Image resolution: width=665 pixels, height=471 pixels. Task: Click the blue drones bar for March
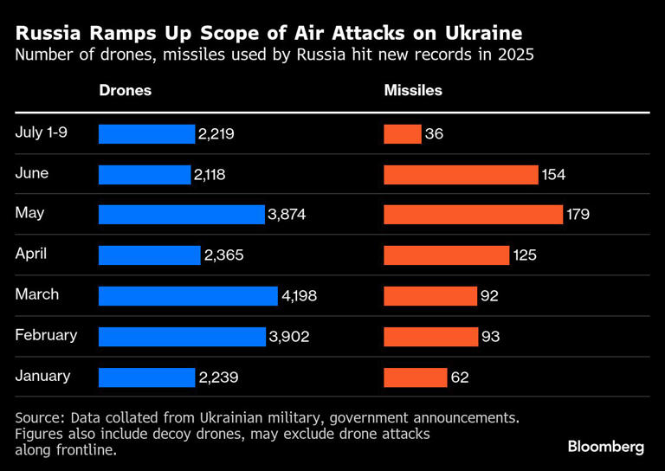(x=188, y=296)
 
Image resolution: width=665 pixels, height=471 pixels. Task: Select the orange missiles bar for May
(x=473, y=215)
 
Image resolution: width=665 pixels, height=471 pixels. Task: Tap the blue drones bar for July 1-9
(x=146, y=134)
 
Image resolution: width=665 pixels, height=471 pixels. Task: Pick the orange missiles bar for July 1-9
(x=403, y=134)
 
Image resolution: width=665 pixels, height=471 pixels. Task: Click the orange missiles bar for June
(x=461, y=175)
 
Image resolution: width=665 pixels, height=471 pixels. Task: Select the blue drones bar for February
(x=182, y=337)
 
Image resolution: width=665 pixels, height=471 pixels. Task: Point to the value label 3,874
(x=287, y=215)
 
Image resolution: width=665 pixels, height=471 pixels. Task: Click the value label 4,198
(x=300, y=296)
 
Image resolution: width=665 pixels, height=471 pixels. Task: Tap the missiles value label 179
(x=578, y=215)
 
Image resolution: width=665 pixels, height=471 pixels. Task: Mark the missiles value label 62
(x=459, y=377)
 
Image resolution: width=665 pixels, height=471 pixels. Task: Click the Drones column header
(x=125, y=91)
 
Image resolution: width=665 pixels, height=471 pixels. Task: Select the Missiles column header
(x=413, y=91)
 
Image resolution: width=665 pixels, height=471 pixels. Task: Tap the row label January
(x=42, y=376)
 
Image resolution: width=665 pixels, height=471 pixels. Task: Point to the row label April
(x=31, y=255)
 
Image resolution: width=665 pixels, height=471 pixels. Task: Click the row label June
(x=32, y=173)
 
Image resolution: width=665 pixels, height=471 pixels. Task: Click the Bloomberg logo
(x=605, y=447)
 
